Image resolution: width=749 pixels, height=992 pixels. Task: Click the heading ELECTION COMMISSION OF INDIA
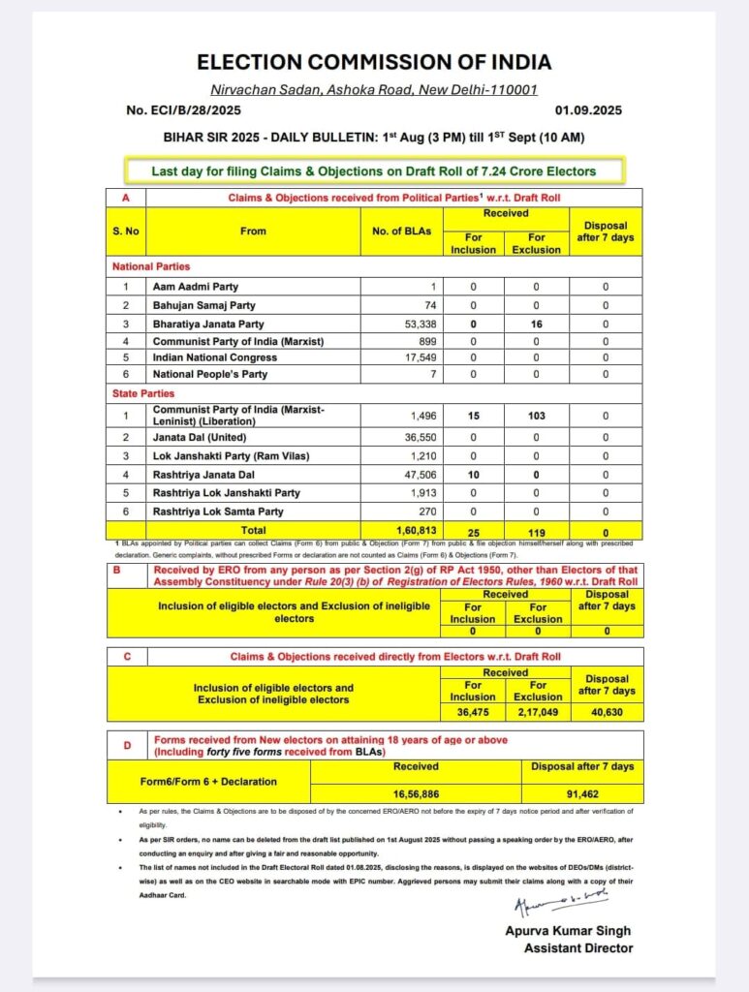[x=374, y=63]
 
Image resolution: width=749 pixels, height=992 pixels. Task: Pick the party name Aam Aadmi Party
[x=195, y=287]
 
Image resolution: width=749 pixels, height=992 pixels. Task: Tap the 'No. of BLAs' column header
[x=400, y=232]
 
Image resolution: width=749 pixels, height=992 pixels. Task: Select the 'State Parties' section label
[x=143, y=393]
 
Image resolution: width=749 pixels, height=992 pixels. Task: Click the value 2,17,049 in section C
[x=538, y=713]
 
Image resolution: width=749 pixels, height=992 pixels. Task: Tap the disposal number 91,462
[x=579, y=790]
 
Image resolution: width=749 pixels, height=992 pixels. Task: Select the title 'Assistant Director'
[x=578, y=948]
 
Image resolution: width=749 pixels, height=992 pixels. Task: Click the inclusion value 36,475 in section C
[x=473, y=713]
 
